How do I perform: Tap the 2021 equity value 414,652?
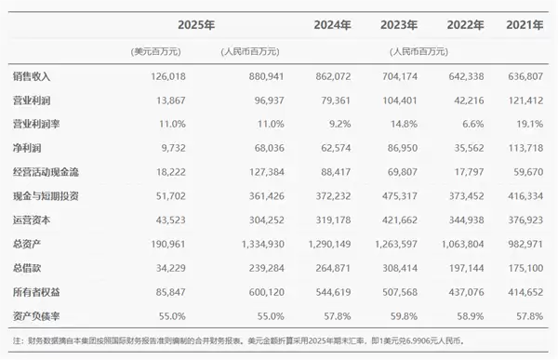tap(528, 292)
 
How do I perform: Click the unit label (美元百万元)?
tap(155, 50)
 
